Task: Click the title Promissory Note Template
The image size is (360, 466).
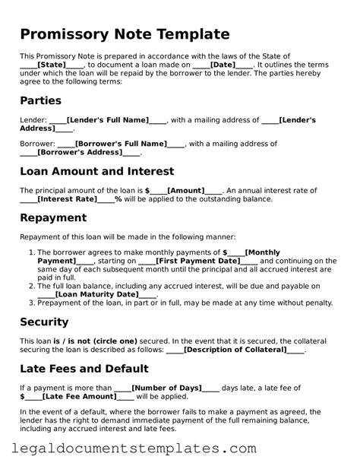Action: (x=125, y=34)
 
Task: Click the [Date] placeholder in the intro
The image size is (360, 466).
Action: (x=223, y=65)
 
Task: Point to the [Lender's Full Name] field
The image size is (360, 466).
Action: (x=106, y=120)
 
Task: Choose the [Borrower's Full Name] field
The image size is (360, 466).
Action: (x=120, y=143)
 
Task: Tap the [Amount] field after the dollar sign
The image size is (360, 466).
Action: (x=185, y=190)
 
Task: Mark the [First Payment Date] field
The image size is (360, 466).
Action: (x=197, y=262)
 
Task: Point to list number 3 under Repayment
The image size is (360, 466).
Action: (x=32, y=303)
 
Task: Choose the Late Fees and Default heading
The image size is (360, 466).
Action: (x=84, y=369)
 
